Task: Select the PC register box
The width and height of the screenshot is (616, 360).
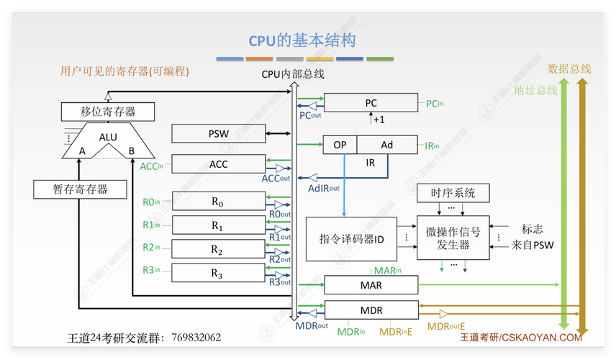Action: point(371,103)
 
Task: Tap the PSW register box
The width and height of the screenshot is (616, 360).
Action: point(218,133)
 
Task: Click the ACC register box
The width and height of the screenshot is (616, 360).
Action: point(218,164)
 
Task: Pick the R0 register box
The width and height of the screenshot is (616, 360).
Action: point(218,203)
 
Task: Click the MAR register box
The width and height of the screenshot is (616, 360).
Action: point(371,285)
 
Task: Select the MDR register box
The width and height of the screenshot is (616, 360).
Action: point(371,310)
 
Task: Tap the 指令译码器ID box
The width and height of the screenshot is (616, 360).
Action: point(351,238)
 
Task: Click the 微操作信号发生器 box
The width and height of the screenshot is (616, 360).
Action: point(453,238)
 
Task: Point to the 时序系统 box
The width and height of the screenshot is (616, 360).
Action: point(453,193)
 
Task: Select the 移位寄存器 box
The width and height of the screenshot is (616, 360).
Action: point(108,112)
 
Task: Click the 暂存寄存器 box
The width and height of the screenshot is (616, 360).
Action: point(80,189)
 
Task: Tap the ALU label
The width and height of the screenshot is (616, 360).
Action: point(108,138)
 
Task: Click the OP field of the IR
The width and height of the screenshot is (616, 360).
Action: point(340,145)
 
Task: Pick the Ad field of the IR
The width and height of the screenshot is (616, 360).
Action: point(387,145)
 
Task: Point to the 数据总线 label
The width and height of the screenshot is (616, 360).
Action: point(569,69)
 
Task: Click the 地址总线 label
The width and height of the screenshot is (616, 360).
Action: point(535,91)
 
